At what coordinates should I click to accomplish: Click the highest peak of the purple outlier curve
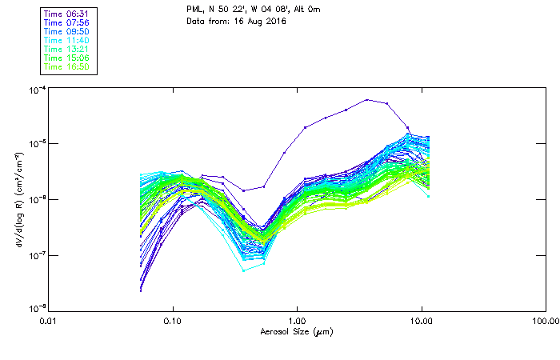pos(367,100)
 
